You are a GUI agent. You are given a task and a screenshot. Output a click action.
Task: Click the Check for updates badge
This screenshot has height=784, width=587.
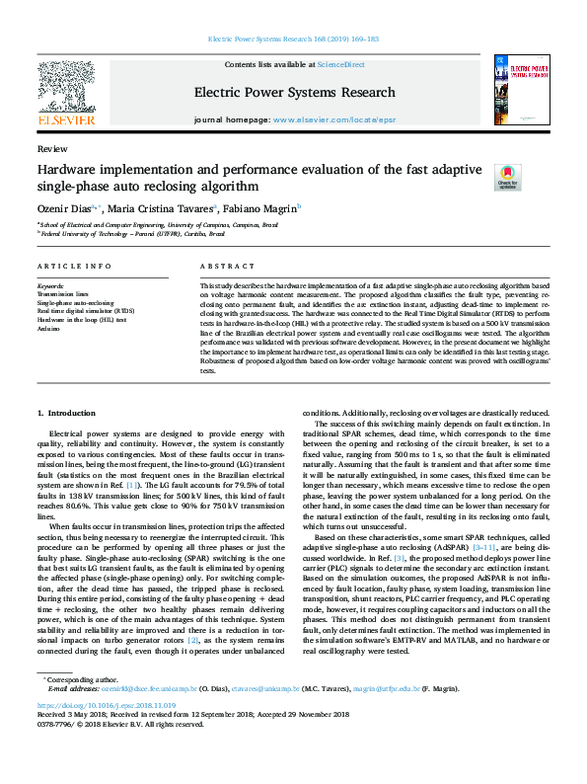coord(479,176)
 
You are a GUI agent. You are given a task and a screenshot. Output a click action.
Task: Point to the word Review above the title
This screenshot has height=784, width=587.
coord(45,148)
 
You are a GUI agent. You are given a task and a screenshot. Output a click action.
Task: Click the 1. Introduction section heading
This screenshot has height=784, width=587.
coord(66,412)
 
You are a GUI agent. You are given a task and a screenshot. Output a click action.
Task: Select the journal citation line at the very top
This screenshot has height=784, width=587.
coord(293,39)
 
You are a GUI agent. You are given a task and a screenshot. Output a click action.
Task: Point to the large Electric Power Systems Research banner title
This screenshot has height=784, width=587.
coord(293,92)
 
